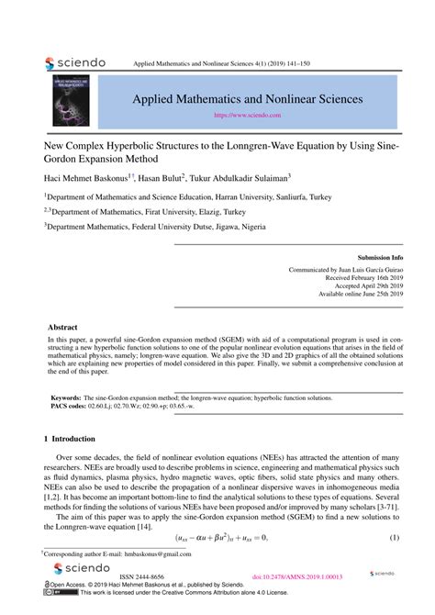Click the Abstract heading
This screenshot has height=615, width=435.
pyautogui.click(x=63, y=327)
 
